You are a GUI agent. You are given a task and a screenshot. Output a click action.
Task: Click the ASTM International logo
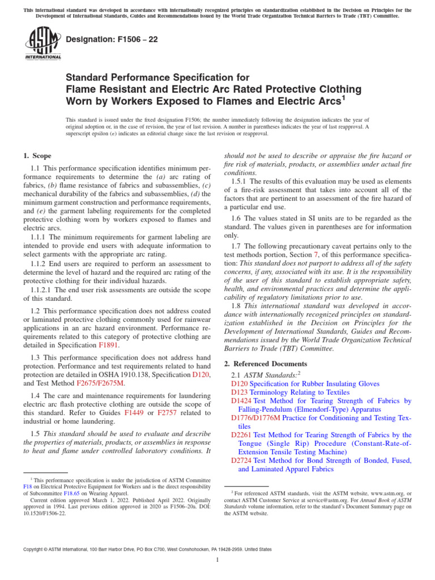[43, 45]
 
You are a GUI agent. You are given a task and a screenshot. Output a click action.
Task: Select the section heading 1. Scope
[37, 156]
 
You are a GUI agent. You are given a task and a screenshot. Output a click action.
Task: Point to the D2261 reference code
[242, 435]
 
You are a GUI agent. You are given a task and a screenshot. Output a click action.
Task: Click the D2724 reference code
[242, 460]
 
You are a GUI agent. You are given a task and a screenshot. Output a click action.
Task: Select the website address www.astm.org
[386, 493]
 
